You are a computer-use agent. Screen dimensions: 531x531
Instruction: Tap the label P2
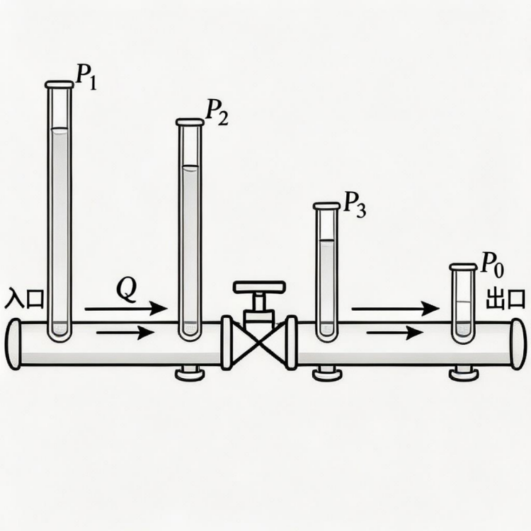tap(217, 113)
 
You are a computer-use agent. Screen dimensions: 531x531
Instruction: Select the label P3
tap(355, 205)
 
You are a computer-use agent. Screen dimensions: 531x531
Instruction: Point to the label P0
tap(492, 265)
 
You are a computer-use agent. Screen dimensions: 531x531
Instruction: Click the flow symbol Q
tap(127, 290)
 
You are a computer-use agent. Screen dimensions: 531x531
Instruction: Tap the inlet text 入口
tap(24, 298)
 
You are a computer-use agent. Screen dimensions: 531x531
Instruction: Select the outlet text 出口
tap(506, 299)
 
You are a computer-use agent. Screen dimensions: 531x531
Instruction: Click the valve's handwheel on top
tap(259, 287)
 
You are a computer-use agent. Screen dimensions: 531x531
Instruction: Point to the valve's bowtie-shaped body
tap(259, 343)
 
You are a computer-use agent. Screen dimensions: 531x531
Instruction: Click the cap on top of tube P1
tap(59, 84)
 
